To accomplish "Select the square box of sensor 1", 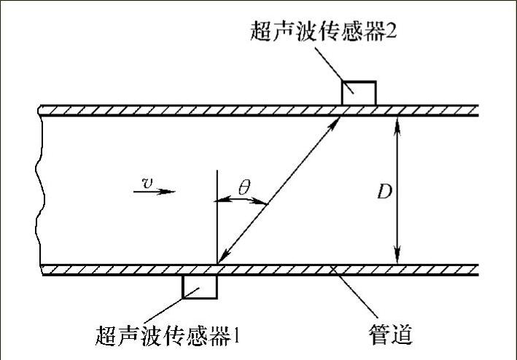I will click(199, 286).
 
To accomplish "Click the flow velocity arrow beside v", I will click(155, 192).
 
